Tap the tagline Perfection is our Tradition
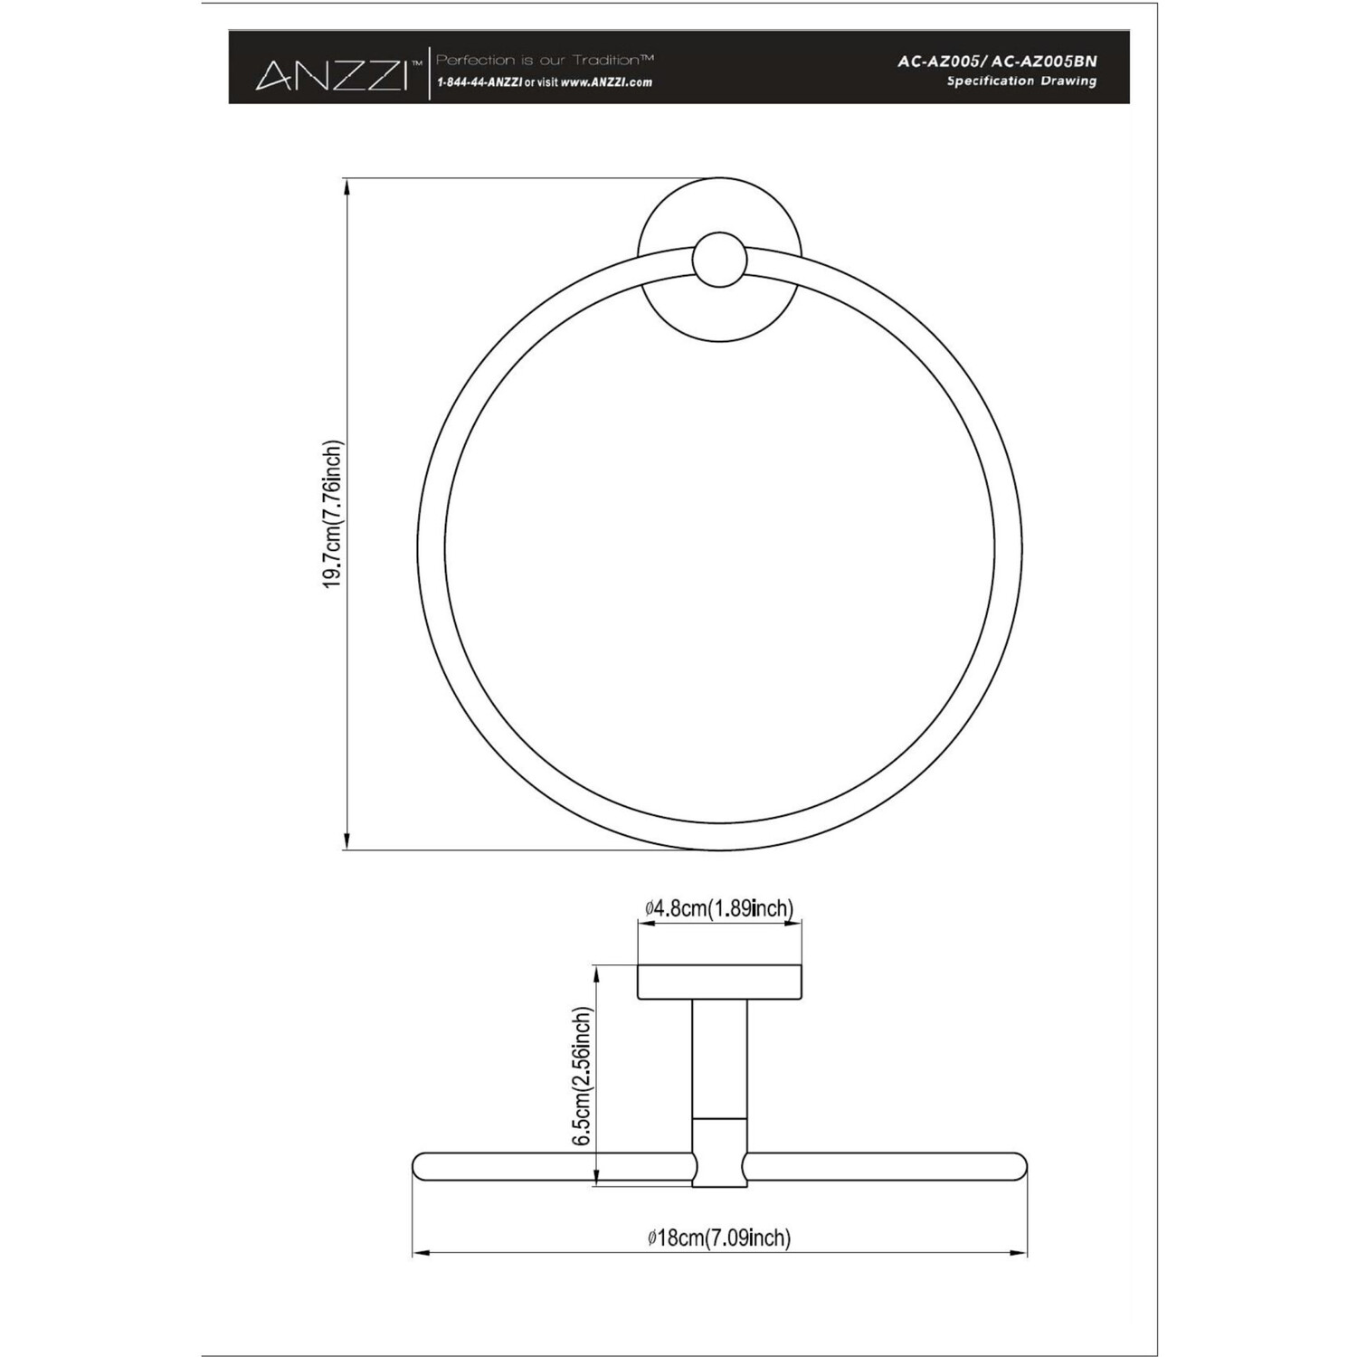[x=546, y=60]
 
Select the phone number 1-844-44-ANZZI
[x=479, y=81]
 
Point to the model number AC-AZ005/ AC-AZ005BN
[x=997, y=62]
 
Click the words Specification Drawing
[x=1021, y=81]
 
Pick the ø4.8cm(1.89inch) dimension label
[x=719, y=908]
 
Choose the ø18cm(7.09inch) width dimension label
[x=719, y=1238]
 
